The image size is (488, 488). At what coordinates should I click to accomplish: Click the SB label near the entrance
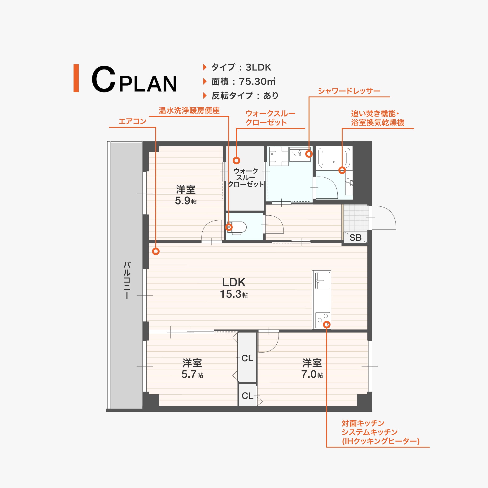tap(355, 238)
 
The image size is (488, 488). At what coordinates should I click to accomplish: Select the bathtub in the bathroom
tap(334, 158)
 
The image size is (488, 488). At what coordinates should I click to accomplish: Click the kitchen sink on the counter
tap(322, 280)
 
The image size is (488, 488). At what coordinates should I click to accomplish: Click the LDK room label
tap(234, 282)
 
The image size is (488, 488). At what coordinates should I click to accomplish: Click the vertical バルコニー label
tap(127, 280)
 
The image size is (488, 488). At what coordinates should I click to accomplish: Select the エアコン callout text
tap(133, 122)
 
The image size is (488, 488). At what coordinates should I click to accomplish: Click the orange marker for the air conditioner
tap(156, 251)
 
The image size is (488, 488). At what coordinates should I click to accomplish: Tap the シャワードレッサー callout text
tap(349, 91)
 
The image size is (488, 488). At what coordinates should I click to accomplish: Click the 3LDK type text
tap(258, 67)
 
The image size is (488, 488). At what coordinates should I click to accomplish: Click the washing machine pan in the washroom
tap(279, 156)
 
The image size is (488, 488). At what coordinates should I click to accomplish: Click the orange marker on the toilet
tap(229, 227)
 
